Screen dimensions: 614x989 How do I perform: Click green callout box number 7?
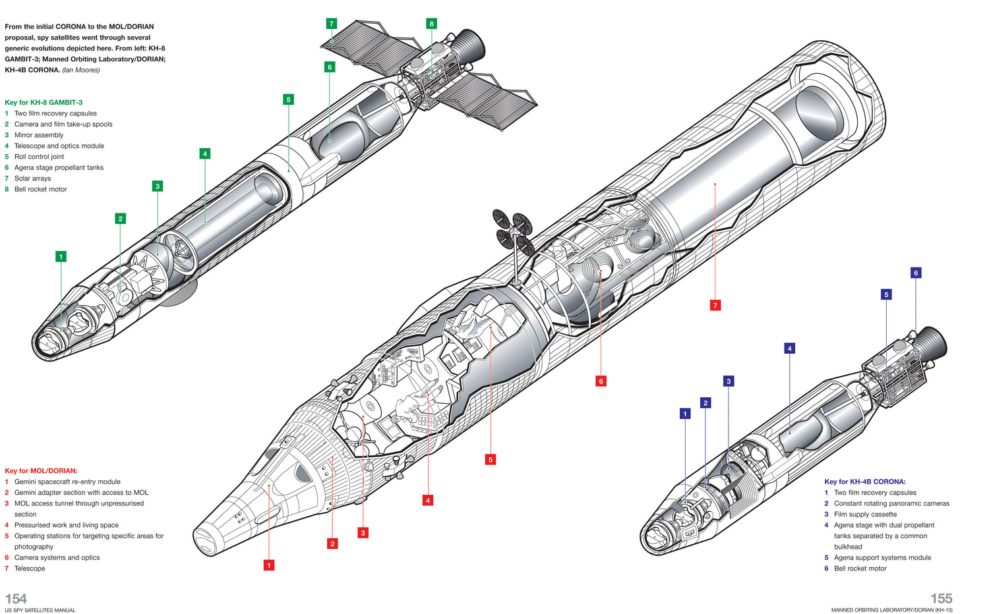(332, 24)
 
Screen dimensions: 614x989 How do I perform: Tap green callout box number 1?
(61, 257)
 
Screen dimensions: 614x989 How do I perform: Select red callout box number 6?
(601, 381)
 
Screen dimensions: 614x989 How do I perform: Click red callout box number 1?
(268, 565)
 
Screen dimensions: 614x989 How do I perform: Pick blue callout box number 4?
(789, 348)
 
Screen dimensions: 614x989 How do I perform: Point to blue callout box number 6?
(915, 273)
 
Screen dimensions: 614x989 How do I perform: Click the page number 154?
(16, 598)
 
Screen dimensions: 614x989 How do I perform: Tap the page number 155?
(941, 598)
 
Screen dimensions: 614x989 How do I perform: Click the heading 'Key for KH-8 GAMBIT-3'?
(44, 102)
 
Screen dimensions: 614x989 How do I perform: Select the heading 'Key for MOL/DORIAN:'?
(41, 470)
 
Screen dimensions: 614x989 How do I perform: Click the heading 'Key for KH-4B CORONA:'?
(864, 482)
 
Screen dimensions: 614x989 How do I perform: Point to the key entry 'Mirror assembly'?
(39, 135)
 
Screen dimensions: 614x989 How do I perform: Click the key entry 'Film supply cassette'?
(865, 515)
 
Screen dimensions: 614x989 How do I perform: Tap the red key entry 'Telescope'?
(30, 569)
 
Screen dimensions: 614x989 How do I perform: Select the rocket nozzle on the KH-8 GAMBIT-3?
(471, 47)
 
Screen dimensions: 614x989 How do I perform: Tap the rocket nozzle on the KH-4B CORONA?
(932, 344)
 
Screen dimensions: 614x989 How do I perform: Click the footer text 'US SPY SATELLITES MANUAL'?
(40, 611)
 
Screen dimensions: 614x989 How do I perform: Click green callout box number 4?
(204, 153)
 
